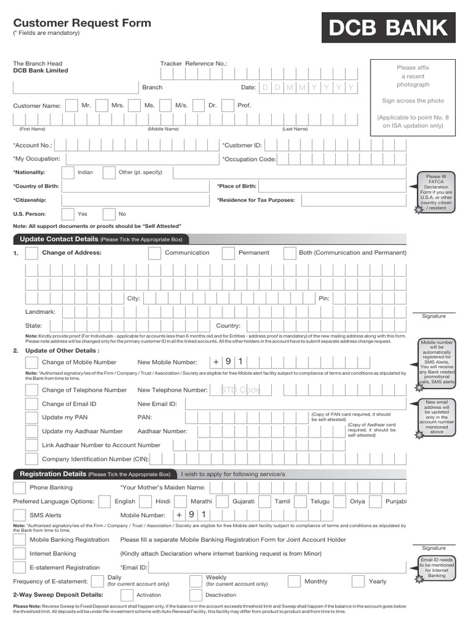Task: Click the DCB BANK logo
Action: point(389,27)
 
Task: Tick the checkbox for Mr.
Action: point(71,105)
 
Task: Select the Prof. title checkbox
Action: point(227,105)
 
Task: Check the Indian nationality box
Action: point(68,172)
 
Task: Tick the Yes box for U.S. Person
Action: point(68,214)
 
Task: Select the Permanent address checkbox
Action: point(229,253)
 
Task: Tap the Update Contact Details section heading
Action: point(59,239)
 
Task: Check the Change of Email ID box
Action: point(31,404)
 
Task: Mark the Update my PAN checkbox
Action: point(31,417)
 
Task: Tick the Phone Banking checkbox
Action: point(19,487)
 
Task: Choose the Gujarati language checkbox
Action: point(222,502)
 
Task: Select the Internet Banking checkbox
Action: point(19,554)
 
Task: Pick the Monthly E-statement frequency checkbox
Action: point(294,581)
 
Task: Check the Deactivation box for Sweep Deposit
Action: point(196,595)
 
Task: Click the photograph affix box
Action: point(413,97)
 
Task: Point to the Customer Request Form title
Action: point(82,23)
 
